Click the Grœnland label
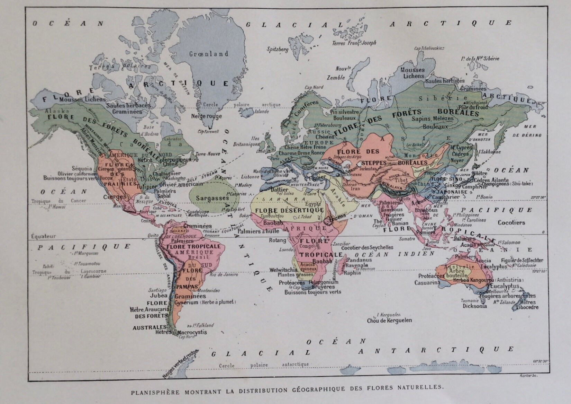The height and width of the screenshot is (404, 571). pos(209,54)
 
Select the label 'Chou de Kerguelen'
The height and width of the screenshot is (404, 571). pos(389,320)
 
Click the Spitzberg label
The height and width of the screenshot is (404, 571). pos(277,50)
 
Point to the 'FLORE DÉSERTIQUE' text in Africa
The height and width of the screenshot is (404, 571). pos(289,210)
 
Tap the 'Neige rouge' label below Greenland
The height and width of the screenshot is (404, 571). pos(207,116)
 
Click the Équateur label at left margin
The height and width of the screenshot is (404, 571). pos(43,236)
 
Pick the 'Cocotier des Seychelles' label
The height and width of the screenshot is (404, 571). pos(367,247)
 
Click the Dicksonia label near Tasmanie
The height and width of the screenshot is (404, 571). pos(474,306)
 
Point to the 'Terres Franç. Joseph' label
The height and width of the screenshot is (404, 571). pos(354,43)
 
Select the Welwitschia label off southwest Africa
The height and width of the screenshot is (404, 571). pos(283,270)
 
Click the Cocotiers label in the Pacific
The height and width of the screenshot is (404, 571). pos(511,222)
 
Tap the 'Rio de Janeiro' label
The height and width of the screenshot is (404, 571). pos(224,275)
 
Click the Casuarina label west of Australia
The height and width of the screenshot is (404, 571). pos(427,283)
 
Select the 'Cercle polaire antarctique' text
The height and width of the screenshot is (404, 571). pos(264,365)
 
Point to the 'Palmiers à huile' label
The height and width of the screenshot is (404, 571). pos(259,231)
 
